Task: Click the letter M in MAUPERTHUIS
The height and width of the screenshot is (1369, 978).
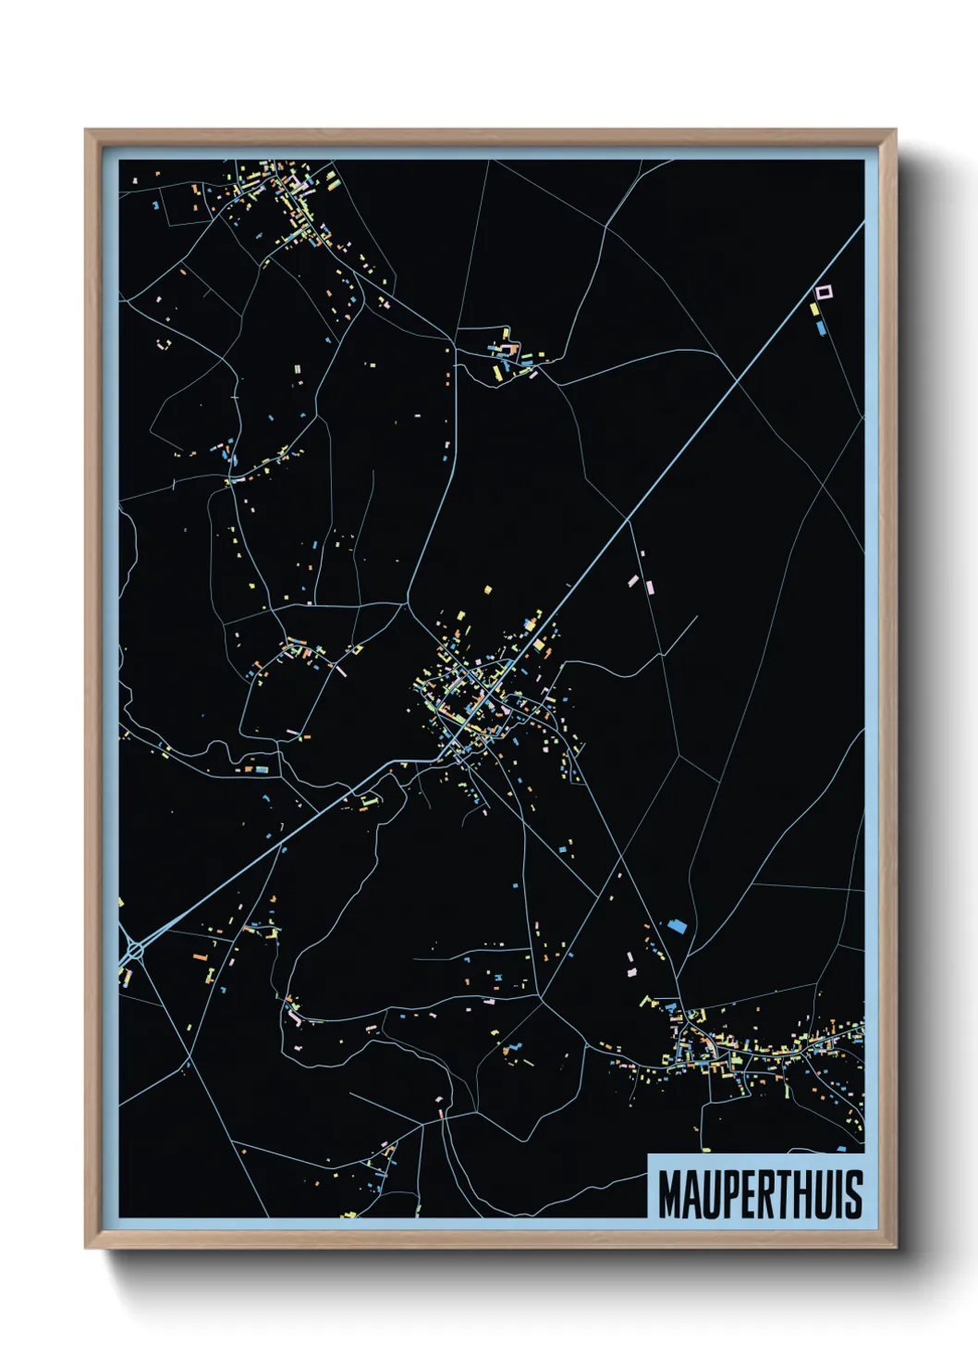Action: click(671, 1195)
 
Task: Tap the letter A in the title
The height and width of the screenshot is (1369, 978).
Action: click(692, 1195)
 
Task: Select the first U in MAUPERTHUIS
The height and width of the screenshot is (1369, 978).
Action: click(712, 1195)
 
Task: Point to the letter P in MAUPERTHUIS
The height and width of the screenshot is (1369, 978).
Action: click(731, 1195)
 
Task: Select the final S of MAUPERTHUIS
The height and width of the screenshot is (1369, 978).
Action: click(853, 1195)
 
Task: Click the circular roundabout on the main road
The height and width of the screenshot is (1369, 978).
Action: click(135, 949)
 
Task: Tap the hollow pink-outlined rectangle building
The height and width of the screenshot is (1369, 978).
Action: click(824, 292)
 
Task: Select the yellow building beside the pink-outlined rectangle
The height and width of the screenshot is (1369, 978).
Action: click(814, 310)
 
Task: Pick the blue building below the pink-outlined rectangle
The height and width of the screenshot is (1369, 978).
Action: click(821, 327)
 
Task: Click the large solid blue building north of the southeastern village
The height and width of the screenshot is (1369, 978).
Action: click(678, 924)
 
